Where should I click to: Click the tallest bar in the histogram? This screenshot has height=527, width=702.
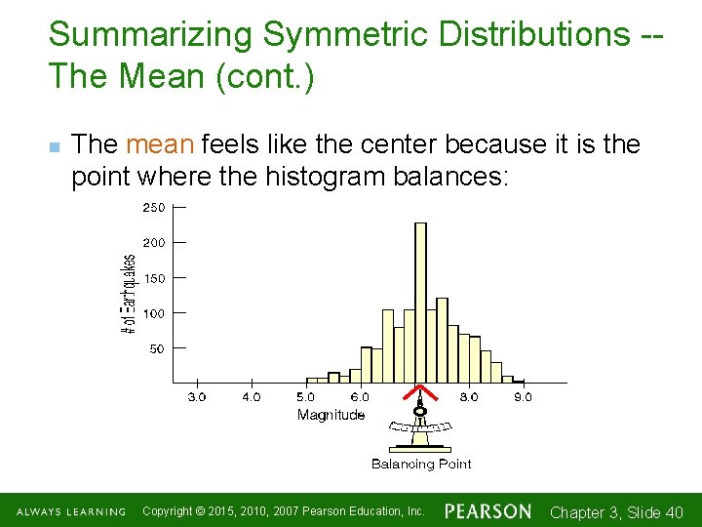coord(420,303)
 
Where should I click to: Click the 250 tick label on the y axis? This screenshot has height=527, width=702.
coord(154,207)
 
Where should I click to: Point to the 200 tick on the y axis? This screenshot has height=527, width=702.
coord(154,242)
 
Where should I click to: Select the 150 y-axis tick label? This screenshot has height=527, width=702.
coord(154,278)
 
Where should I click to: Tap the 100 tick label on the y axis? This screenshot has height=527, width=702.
coord(154,313)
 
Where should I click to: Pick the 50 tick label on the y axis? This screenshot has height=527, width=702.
coord(157,348)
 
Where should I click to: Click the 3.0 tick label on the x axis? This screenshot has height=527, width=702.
coord(197,397)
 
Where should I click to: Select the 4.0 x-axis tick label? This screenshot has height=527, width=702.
coord(252,397)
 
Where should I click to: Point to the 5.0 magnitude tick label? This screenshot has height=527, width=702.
coord(305,397)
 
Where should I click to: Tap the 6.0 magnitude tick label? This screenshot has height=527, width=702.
coord(360,397)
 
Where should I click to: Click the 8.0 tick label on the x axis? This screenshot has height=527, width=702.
coord(469,397)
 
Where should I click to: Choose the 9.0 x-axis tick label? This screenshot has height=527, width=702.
coord(524,397)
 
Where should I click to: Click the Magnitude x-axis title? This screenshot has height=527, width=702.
coord(331,415)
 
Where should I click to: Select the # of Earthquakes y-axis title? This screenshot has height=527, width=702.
coord(129,296)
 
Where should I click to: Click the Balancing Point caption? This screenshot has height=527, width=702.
coord(421,464)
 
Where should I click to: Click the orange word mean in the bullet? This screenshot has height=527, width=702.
coord(161,145)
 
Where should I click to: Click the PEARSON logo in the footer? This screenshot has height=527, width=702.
coord(488,511)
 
